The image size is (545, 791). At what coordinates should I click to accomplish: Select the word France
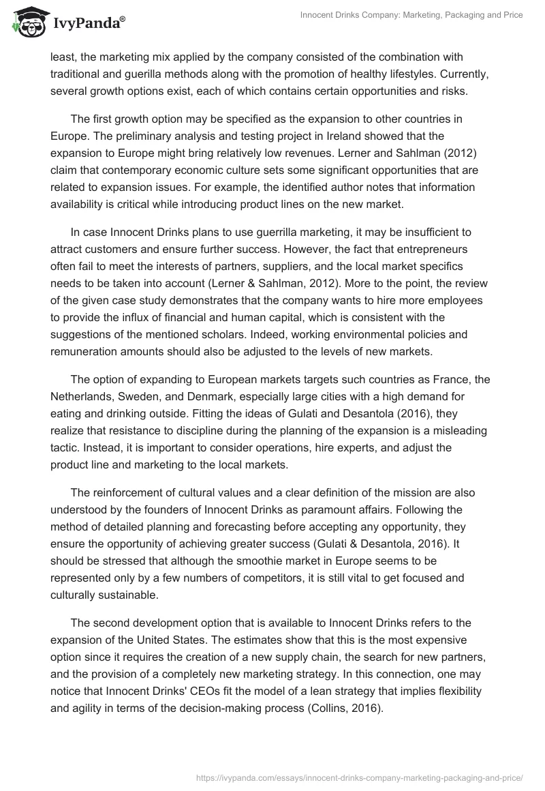coord(454,379)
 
